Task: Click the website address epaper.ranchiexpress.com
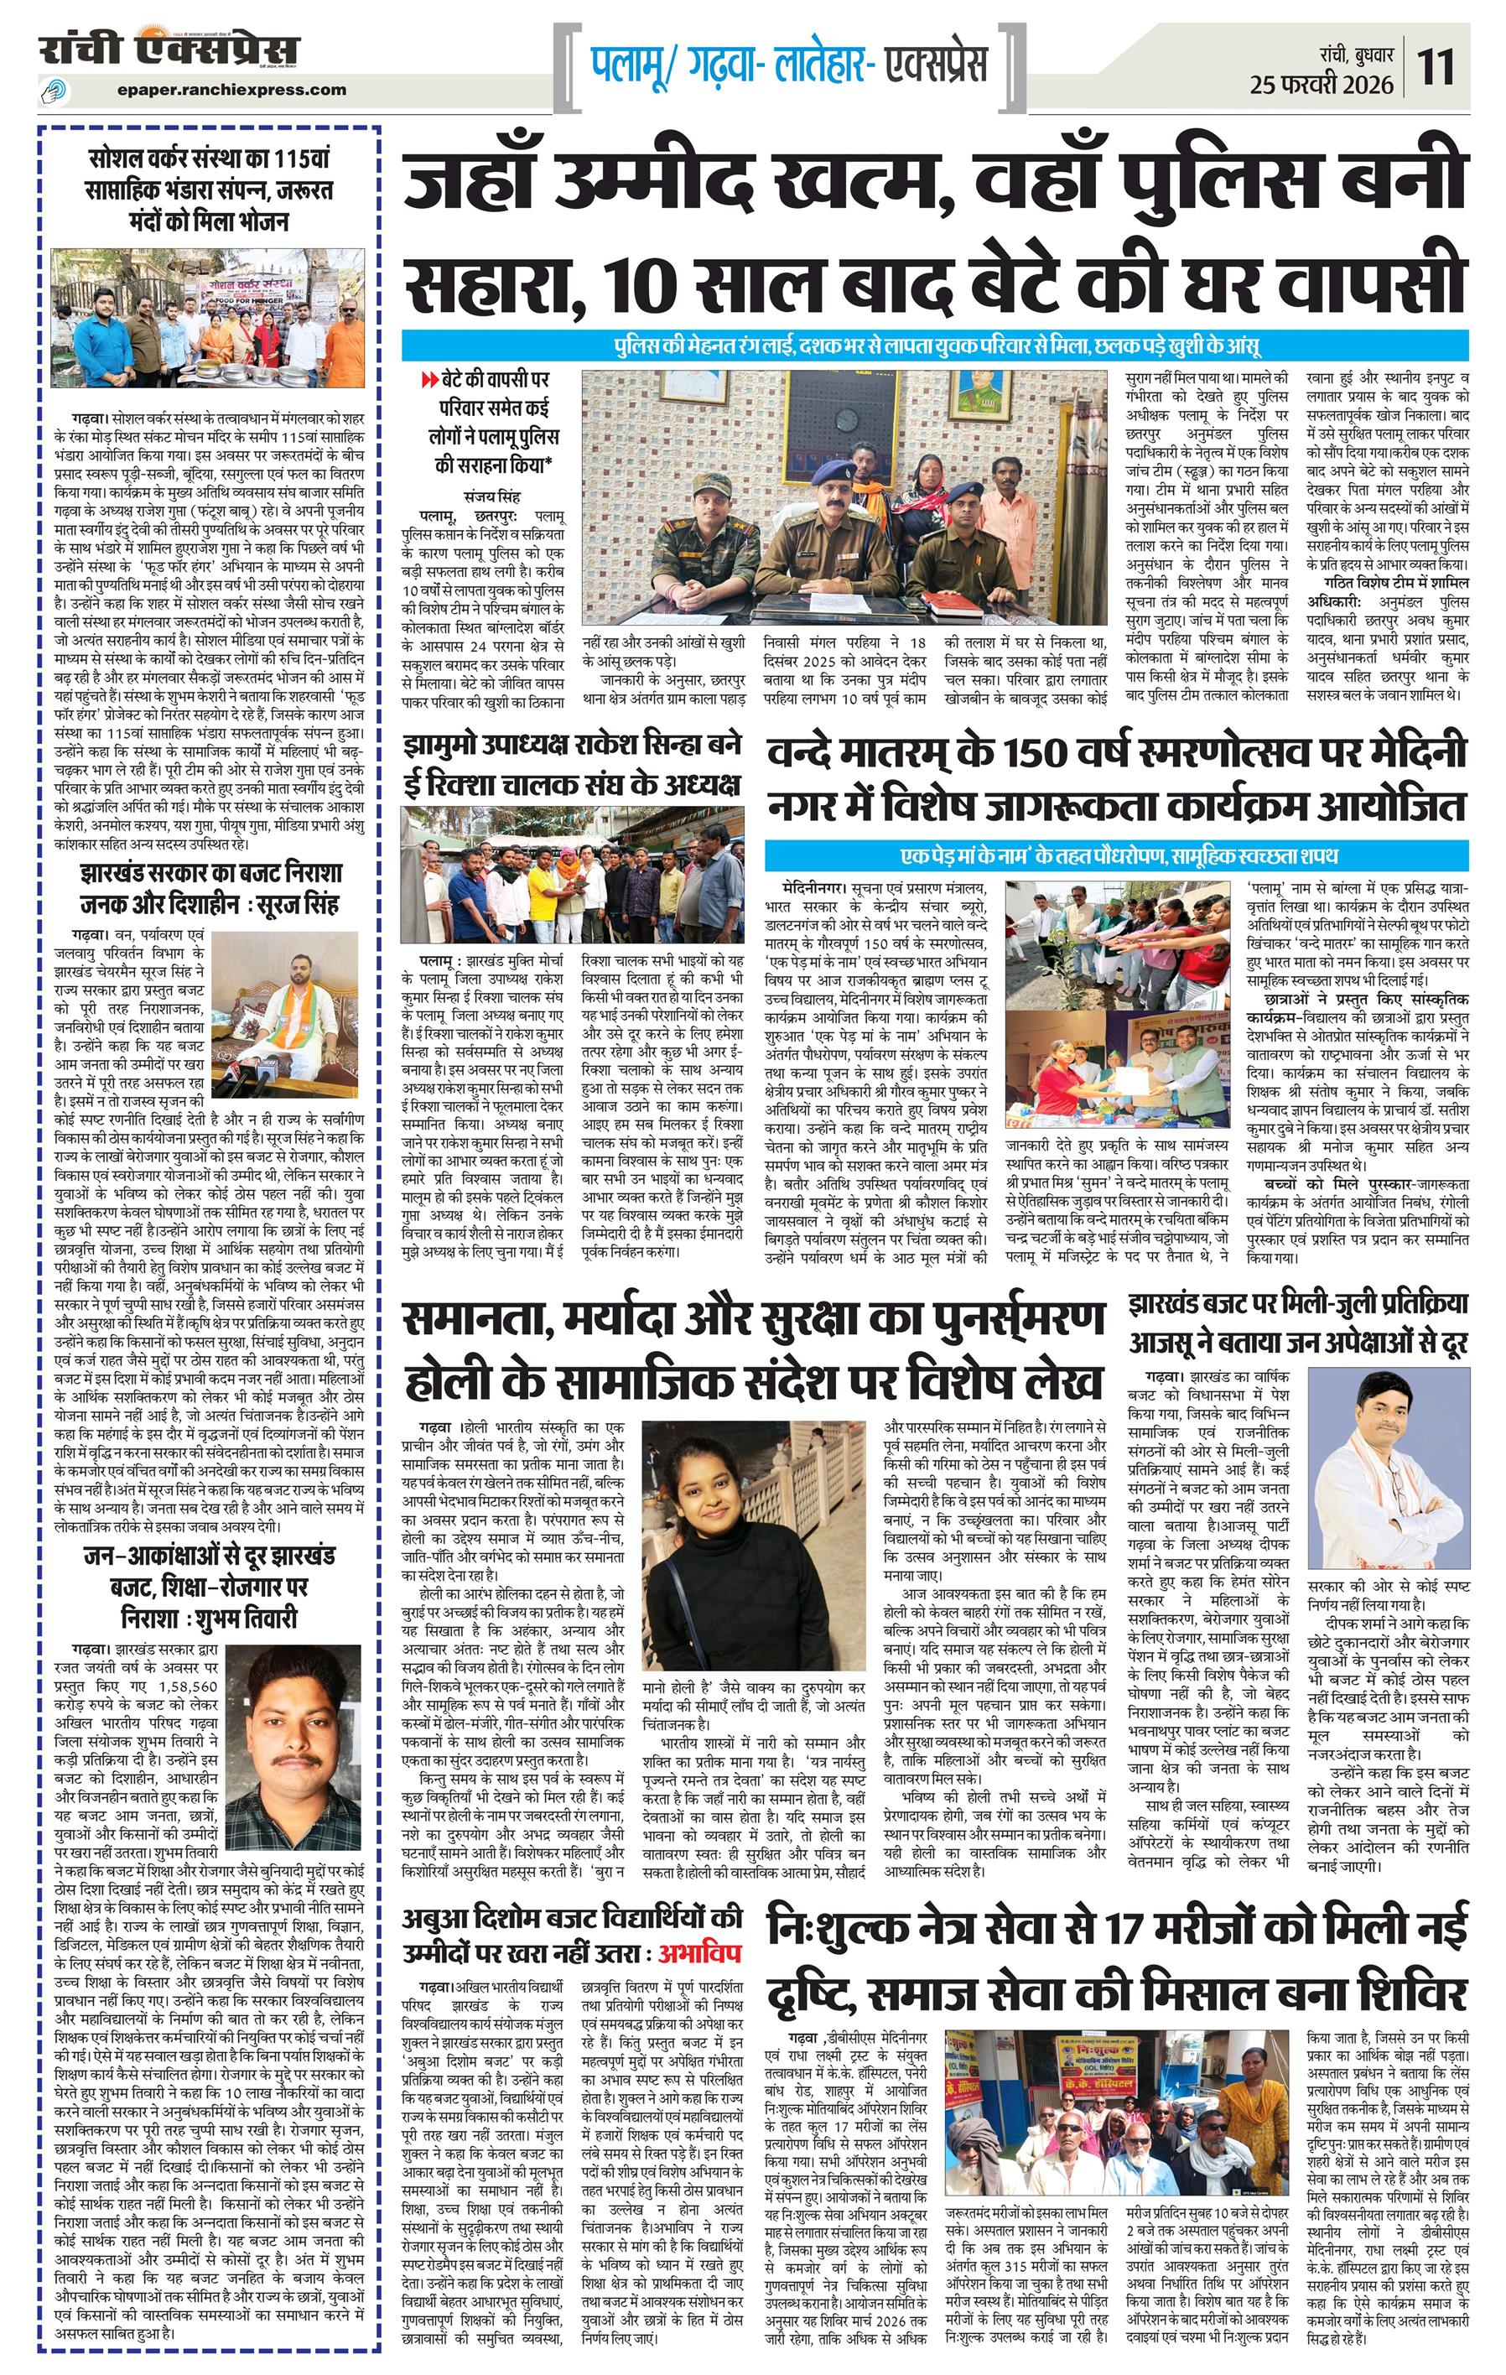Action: click(x=231, y=89)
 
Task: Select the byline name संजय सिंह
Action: click(x=491, y=496)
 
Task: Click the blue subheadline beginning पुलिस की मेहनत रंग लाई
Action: click(x=935, y=346)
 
